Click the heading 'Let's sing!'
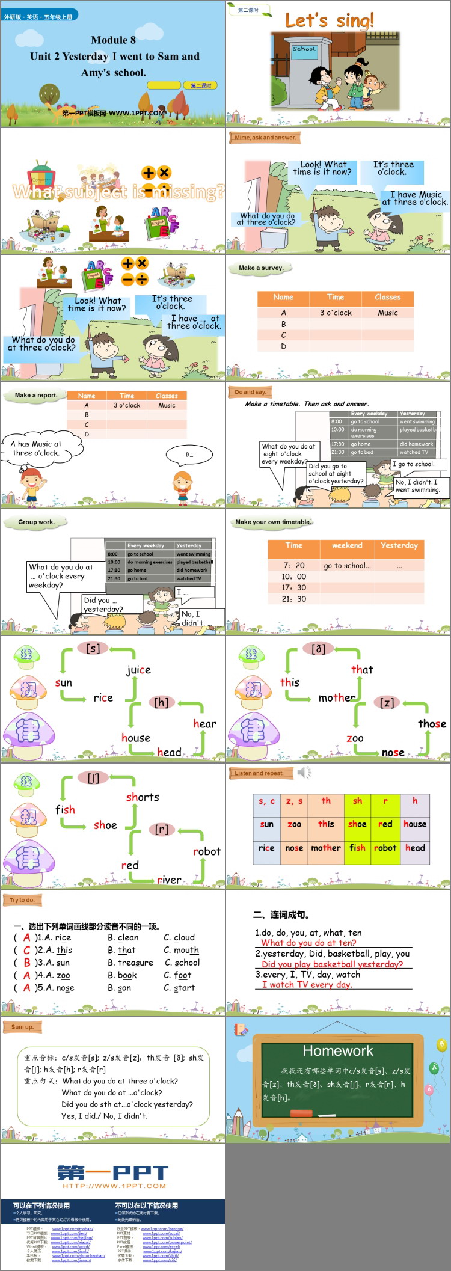[x=330, y=20]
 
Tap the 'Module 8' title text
[x=113, y=40]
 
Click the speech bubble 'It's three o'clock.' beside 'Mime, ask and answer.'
[x=393, y=168]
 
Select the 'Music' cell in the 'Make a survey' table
[x=387, y=313]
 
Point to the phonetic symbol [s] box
[x=93, y=648]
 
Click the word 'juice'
[x=138, y=670]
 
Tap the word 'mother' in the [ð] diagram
[x=337, y=698]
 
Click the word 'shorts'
[x=143, y=797]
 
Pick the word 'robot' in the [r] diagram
[x=206, y=851]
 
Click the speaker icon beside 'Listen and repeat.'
[x=304, y=772]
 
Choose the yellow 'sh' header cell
[x=357, y=801]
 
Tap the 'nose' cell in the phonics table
[x=294, y=848]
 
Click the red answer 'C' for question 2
[x=26, y=950]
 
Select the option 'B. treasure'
[x=130, y=963]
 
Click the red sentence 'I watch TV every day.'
[x=307, y=985]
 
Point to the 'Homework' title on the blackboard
[x=337, y=1050]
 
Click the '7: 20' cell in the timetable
[x=294, y=566]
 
